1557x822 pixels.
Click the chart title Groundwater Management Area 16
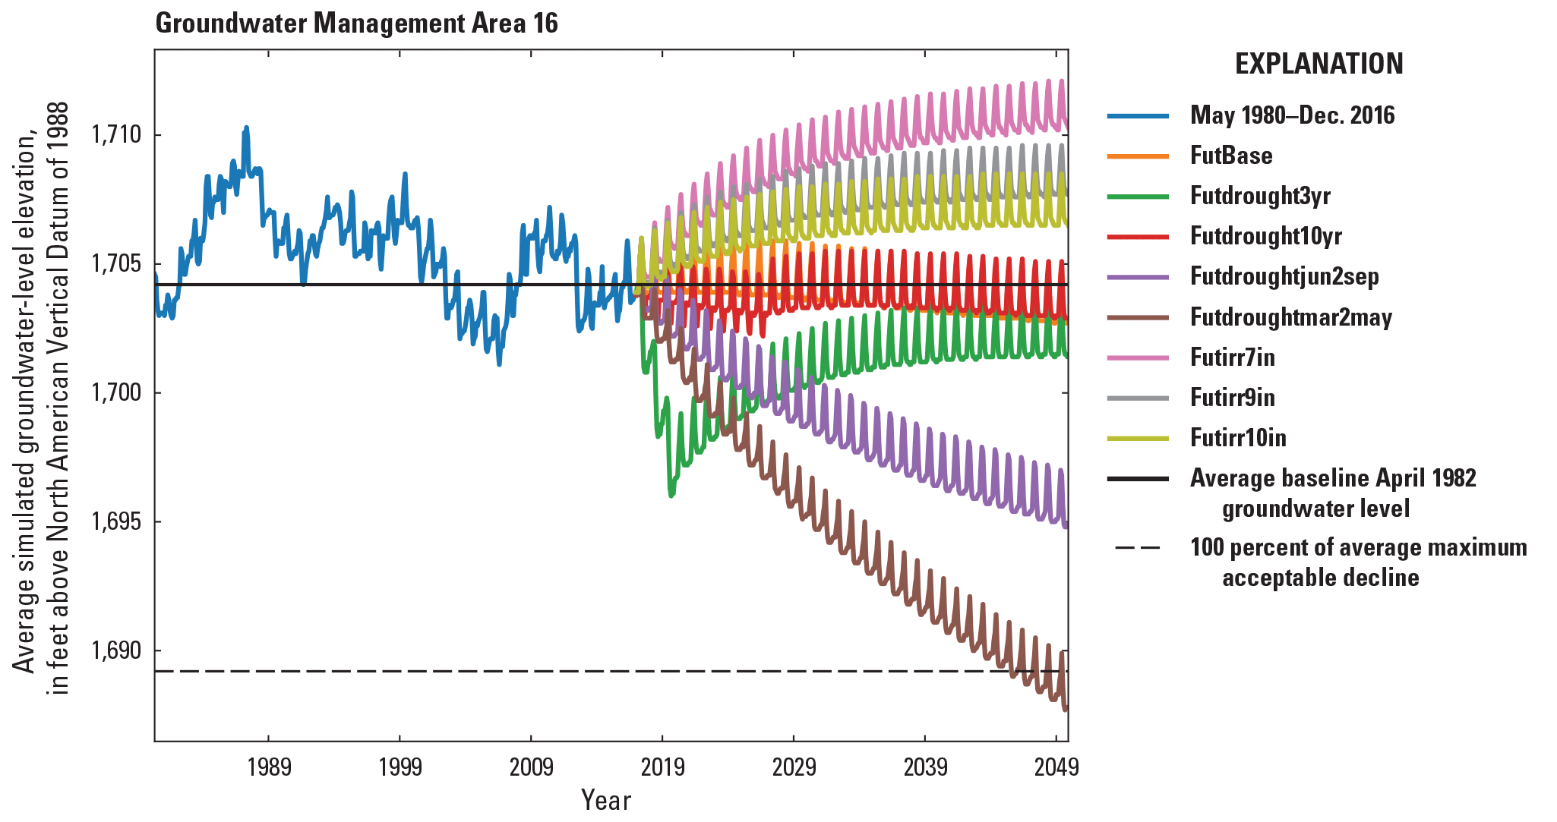pyautogui.click(x=356, y=24)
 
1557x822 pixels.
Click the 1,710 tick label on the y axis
pyautogui.click(x=116, y=135)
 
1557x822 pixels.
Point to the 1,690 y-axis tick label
pyautogui.click(x=116, y=651)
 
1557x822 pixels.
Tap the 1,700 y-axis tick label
pyautogui.click(x=116, y=393)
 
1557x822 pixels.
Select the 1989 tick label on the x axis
pyautogui.click(x=269, y=767)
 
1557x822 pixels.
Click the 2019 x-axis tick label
pyautogui.click(x=662, y=767)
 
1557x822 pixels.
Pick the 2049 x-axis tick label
pyautogui.click(x=1056, y=767)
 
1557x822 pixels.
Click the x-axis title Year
pyautogui.click(x=605, y=800)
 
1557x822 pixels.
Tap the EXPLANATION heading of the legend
pyautogui.click(x=1319, y=64)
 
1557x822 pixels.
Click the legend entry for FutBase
pyautogui.click(x=1230, y=156)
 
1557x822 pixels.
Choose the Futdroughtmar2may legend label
pyautogui.click(x=1290, y=317)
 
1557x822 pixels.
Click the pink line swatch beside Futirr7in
pyautogui.click(x=1137, y=357)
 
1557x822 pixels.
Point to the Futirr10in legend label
pyautogui.click(x=1238, y=438)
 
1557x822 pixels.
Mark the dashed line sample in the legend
pyautogui.click(x=1137, y=548)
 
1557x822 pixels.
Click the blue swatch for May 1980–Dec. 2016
pyautogui.click(x=1137, y=115)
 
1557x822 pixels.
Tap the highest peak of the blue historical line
pyautogui.click(x=246, y=128)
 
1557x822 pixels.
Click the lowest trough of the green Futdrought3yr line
pyautogui.click(x=671, y=496)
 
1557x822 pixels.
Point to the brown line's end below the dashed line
pyautogui.click(x=1066, y=709)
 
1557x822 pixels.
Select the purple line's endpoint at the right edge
pyautogui.click(x=1066, y=526)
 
